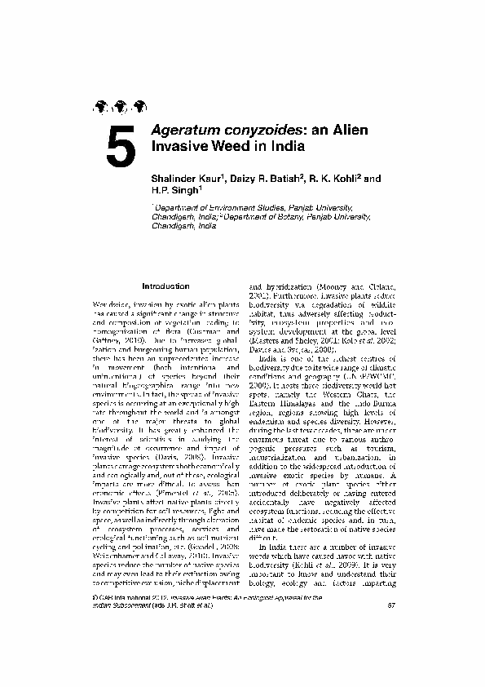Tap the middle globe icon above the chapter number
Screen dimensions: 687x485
pos(121,105)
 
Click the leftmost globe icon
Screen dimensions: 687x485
pos(102,105)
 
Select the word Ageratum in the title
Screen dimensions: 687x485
pos(184,131)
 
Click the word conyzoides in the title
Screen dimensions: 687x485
pos(260,131)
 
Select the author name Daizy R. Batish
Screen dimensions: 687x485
pos(269,177)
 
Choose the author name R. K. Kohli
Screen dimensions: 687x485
pos(335,177)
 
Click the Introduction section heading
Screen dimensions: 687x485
pos(165,286)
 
